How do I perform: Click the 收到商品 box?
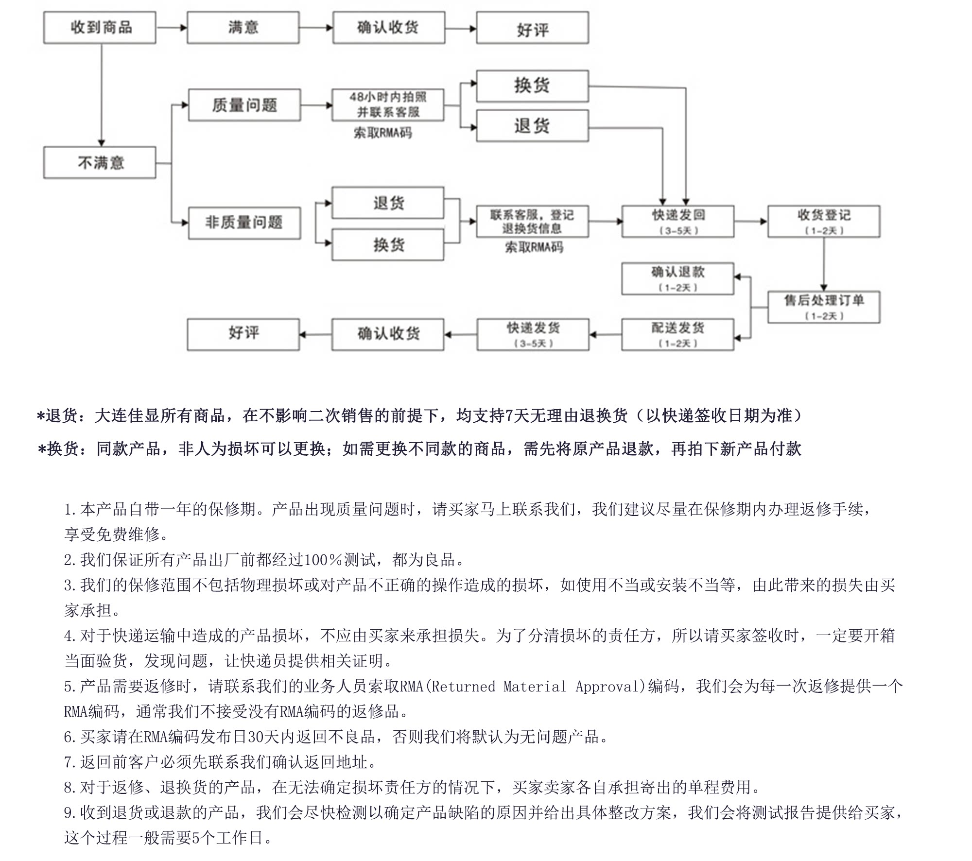pos(100,28)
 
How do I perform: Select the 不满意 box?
pos(100,162)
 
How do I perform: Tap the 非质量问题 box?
pos(244,223)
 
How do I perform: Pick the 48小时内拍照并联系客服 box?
pos(388,104)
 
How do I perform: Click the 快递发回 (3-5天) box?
pos(677,222)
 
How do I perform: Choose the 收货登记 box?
pos(823,222)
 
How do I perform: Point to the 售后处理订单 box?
pos(823,307)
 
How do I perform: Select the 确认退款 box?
pos(677,278)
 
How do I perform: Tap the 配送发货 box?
pos(677,334)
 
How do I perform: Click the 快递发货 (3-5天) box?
pos(533,334)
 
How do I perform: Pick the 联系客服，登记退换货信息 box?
pos(532,222)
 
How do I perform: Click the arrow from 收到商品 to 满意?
pos(171,28)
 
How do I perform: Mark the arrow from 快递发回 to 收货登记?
pos(750,222)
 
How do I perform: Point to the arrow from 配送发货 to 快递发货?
pos(605,334)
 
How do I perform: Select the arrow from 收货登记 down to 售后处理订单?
pos(823,264)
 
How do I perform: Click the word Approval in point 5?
pos(610,687)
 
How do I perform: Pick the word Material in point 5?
pos(535,687)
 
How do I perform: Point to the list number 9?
pos(69,812)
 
